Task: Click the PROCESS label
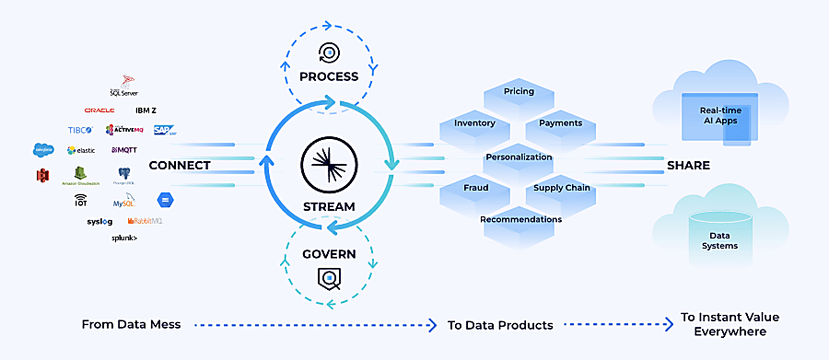pyautogui.click(x=328, y=76)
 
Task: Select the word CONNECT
pyautogui.click(x=180, y=166)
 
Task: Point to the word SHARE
pyautogui.click(x=689, y=166)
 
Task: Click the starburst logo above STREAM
pyautogui.click(x=328, y=166)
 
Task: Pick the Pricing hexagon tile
pyautogui.click(x=519, y=92)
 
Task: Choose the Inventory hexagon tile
pyautogui.click(x=474, y=123)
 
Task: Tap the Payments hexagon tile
pyautogui.click(x=560, y=123)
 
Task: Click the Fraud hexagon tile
pyautogui.click(x=476, y=188)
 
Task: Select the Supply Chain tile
pyautogui.click(x=562, y=188)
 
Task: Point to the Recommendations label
pyautogui.click(x=520, y=219)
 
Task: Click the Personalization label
pyautogui.click(x=519, y=157)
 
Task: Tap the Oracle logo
pyautogui.click(x=99, y=110)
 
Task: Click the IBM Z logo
pyautogui.click(x=146, y=110)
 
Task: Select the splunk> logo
pyautogui.click(x=124, y=238)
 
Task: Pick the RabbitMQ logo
pyautogui.click(x=146, y=221)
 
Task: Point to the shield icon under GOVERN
pyautogui.click(x=328, y=275)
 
